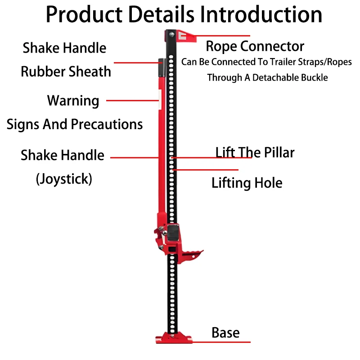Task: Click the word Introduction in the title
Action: pyautogui.click(x=261, y=14)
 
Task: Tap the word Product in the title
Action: pyautogui.click(x=84, y=14)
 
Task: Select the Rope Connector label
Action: pyautogui.click(x=255, y=47)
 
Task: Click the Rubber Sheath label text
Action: pyautogui.click(x=66, y=72)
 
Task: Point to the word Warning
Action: pyautogui.click(x=73, y=101)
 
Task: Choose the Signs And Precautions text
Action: pyautogui.click(x=75, y=124)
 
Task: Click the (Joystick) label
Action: pyautogui.click(x=64, y=179)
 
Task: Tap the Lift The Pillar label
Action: pyautogui.click(x=255, y=152)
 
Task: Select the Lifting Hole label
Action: pyautogui.click(x=247, y=183)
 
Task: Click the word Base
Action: pyautogui.click(x=225, y=333)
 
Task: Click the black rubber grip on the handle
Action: pyautogui.click(x=162, y=67)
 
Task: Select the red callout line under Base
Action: pyautogui.click(x=221, y=342)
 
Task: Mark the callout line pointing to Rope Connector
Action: pyautogui.click(x=222, y=36)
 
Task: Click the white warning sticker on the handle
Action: pyautogui.click(x=160, y=99)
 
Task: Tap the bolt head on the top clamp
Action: pyautogui.click(x=171, y=35)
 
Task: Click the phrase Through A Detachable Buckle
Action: pyautogui.click(x=267, y=77)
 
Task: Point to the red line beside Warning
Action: pyautogui.click(x=132, y=100)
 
